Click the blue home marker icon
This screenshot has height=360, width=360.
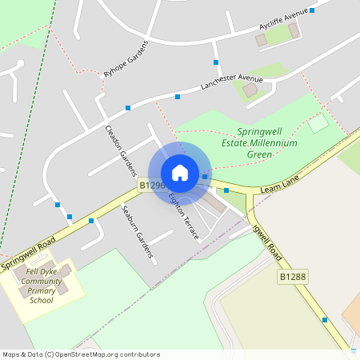tap(180, 173)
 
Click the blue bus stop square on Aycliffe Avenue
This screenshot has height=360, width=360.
tap(312, 10)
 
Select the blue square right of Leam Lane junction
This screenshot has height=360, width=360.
tap(226, 190)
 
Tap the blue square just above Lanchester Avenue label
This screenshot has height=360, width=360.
tap(216, 62)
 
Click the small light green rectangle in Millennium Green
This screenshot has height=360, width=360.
tap(318, 123)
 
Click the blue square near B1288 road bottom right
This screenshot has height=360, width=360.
tap(325, 319)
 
